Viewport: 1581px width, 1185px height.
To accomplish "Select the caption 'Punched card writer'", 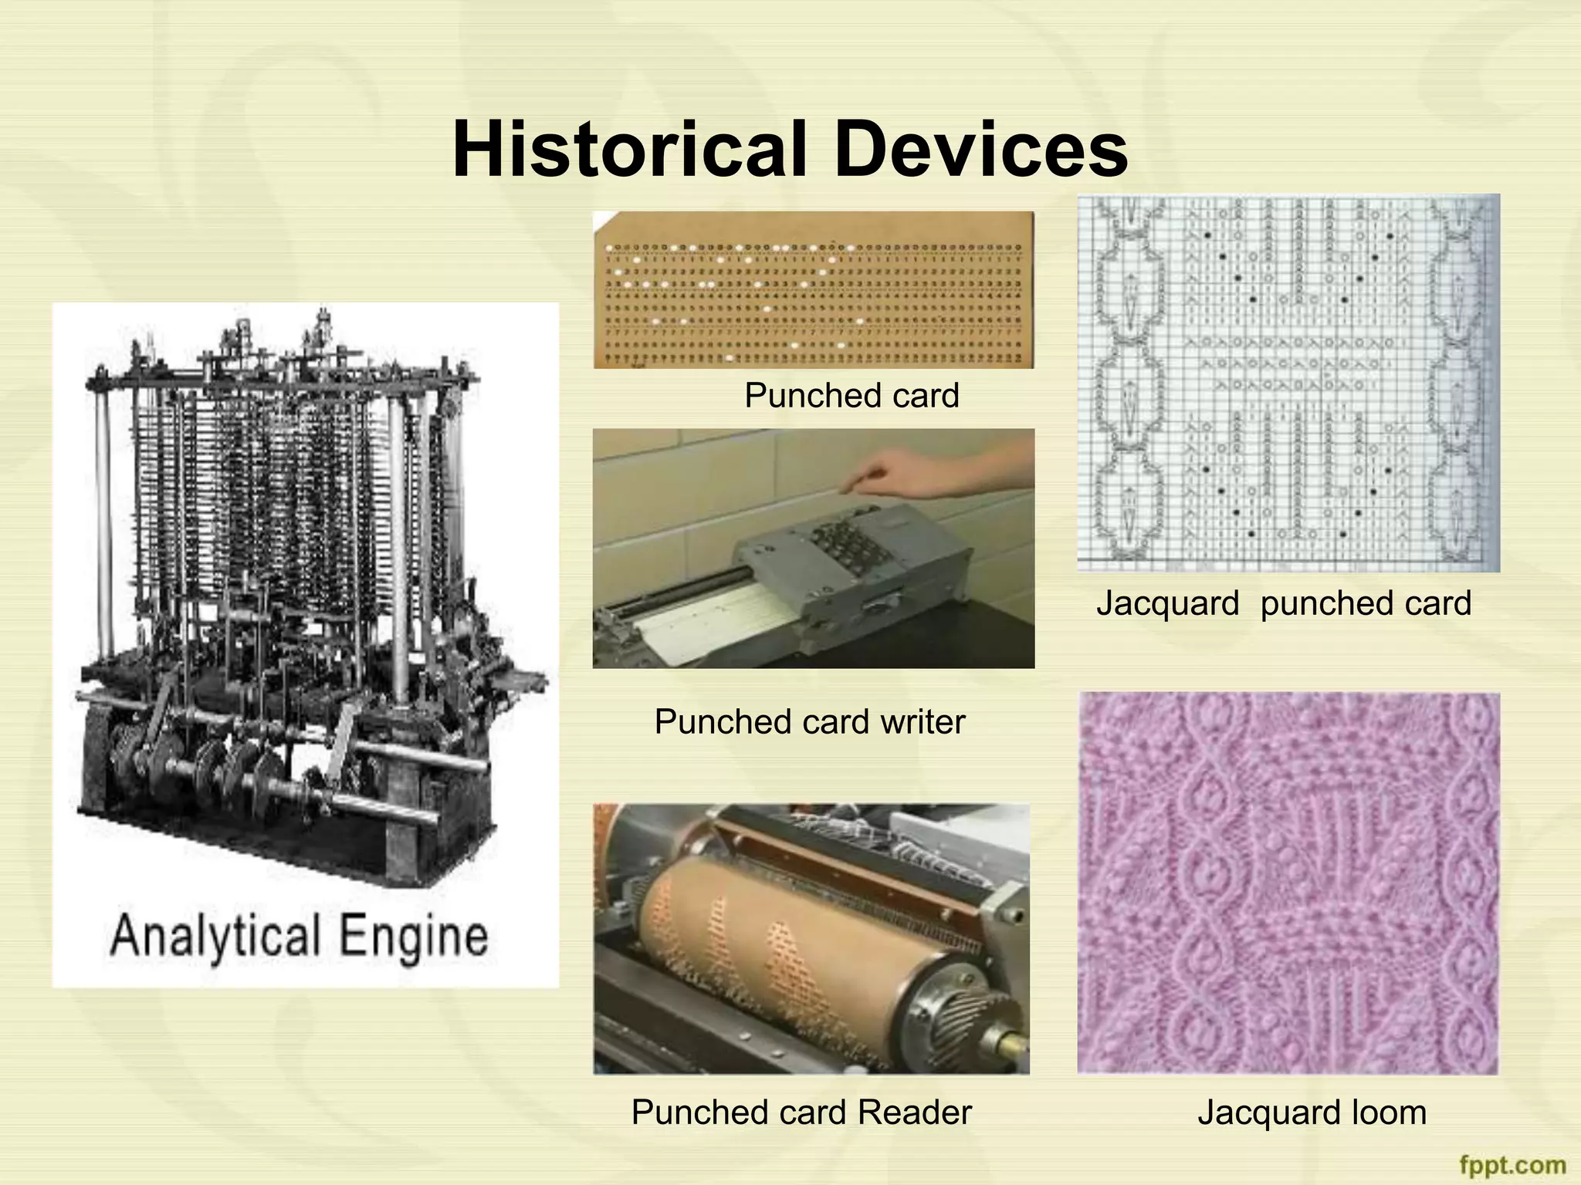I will (x=810, y=722).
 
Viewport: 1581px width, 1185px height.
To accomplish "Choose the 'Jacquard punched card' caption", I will (x=1284, y=603).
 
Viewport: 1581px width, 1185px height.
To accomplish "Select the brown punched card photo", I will (x=814, y=289).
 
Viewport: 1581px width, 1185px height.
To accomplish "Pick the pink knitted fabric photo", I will (x=1288, y=883).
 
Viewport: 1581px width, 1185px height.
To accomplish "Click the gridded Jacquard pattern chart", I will (x=1288, y=383).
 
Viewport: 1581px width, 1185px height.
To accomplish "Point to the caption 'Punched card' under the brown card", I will (x=851, y=396).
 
